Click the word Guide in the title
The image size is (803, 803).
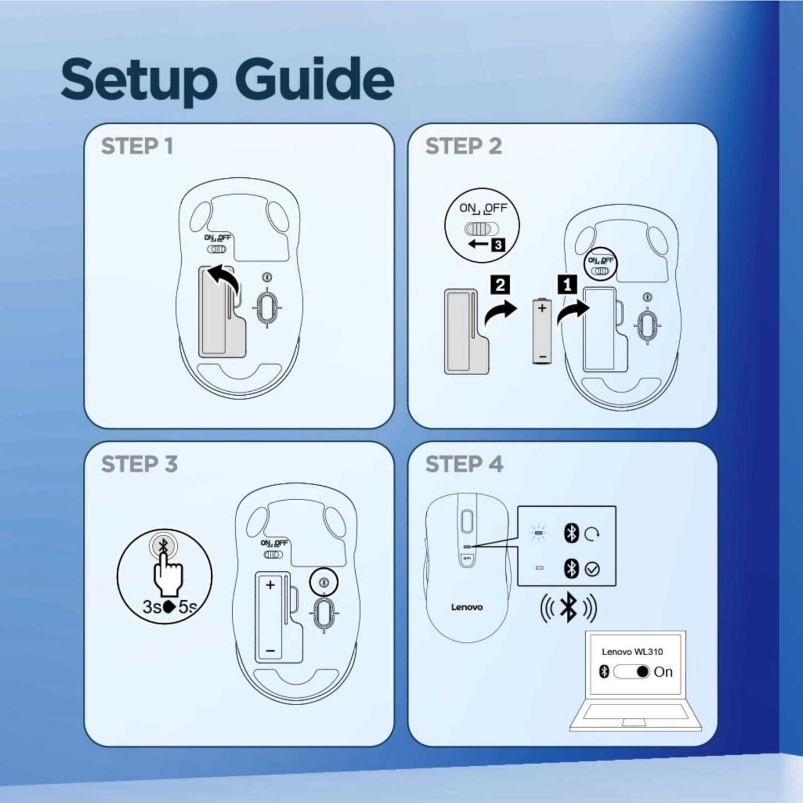[317, 79]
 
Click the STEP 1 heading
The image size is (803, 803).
[137, 146]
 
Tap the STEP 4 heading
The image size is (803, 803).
[464, 464]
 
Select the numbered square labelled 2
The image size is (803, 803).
[500, 285]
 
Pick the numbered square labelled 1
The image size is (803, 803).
[567, 286]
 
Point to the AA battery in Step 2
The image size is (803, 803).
[542, 331]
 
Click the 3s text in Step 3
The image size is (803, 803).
[152, 607]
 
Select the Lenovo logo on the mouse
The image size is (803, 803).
[467, 607]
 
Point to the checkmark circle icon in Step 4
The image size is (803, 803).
[592, 569]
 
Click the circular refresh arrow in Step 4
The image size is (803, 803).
[592, 534]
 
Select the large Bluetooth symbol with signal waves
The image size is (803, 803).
[568, 607]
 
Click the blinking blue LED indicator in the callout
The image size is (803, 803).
[539, 533]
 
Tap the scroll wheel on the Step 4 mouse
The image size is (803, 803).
[466, 521]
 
